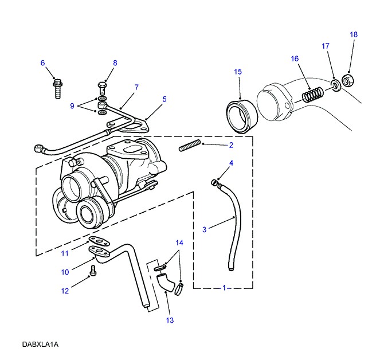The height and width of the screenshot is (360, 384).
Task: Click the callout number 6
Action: point(42,62)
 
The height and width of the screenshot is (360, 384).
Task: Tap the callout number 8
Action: point(115,62)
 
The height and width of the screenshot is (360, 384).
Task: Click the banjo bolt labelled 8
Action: point(102,89)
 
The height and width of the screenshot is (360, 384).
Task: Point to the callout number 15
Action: point(238,72)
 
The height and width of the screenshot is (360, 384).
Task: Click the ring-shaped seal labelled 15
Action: point(241,115)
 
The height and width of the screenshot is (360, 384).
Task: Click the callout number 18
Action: point(354,34)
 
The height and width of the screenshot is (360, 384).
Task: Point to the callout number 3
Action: point(204,229)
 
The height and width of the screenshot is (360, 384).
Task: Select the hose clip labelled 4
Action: point(215,182)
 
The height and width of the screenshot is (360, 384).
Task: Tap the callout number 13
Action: point(170,320)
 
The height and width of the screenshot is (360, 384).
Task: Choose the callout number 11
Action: point(65,253)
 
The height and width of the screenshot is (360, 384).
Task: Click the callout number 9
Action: point(72,105)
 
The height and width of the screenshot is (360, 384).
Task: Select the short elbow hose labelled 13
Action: point(164,282)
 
